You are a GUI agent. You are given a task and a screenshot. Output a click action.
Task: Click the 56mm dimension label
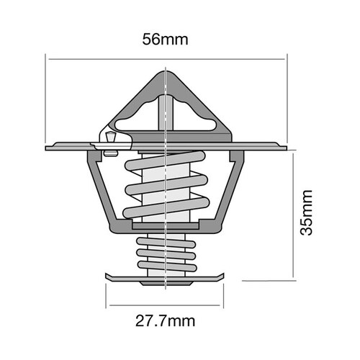[x=166, y=40]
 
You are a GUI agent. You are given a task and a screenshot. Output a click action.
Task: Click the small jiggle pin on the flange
[x=109, y=140]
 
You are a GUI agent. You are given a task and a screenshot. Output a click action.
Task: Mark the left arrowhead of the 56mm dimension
[x=50, y=58]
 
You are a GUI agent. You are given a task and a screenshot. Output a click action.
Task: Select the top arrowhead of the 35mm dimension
[x=294, y=153]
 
